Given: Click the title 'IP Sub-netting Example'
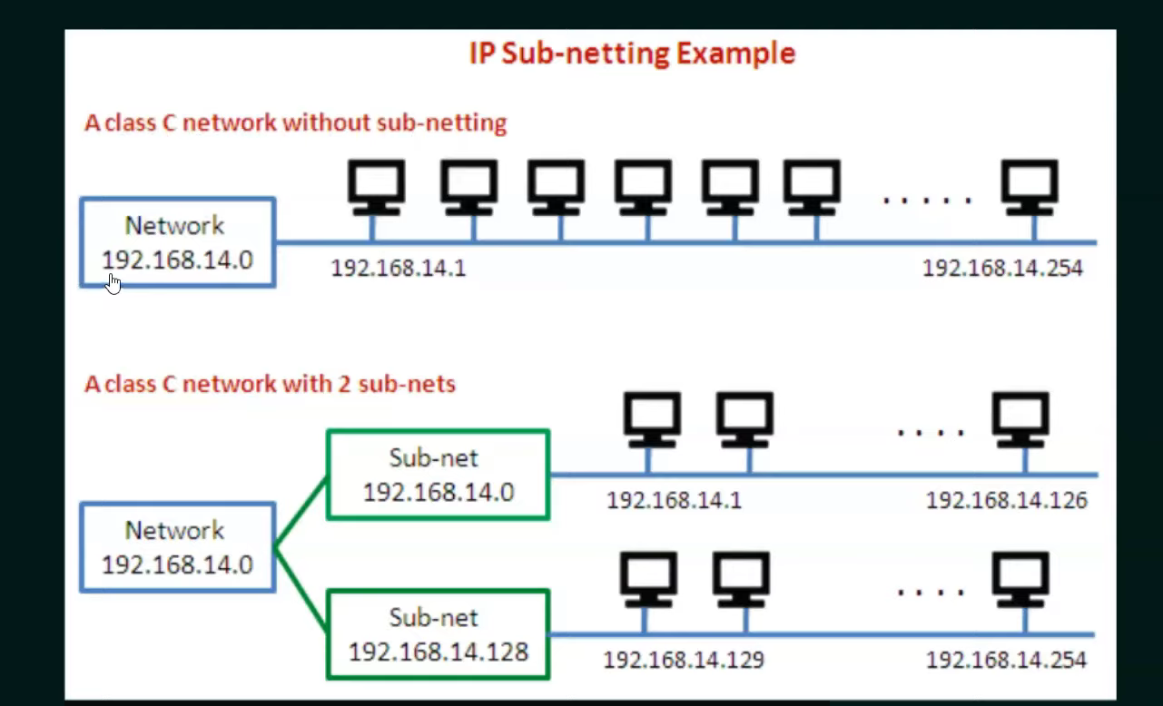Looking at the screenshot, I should coord(632,53).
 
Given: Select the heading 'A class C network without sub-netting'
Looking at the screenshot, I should coord(295,123).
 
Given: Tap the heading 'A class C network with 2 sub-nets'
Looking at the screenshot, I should coord(270,384).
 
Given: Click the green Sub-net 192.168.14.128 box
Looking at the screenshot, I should coord(438,634).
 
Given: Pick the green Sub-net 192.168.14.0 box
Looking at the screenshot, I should coord(438,475).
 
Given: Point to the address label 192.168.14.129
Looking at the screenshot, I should coord(684,660).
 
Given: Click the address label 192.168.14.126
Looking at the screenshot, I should coord(1006,501).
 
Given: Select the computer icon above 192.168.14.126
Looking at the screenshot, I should coord(1020,419).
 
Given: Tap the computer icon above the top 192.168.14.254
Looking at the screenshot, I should coord(1030,187).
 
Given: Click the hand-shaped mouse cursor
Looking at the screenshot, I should coord(113,284).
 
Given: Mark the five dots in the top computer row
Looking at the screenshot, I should coord(927,199).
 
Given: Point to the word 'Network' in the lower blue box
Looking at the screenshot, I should coord(175,530).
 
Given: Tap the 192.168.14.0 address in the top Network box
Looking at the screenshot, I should coord(177,260).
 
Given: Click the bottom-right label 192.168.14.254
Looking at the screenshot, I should coord(1006,660).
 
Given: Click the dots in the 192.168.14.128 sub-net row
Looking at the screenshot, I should coord(931,593).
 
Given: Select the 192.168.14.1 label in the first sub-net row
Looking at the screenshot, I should coord(674,501).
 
